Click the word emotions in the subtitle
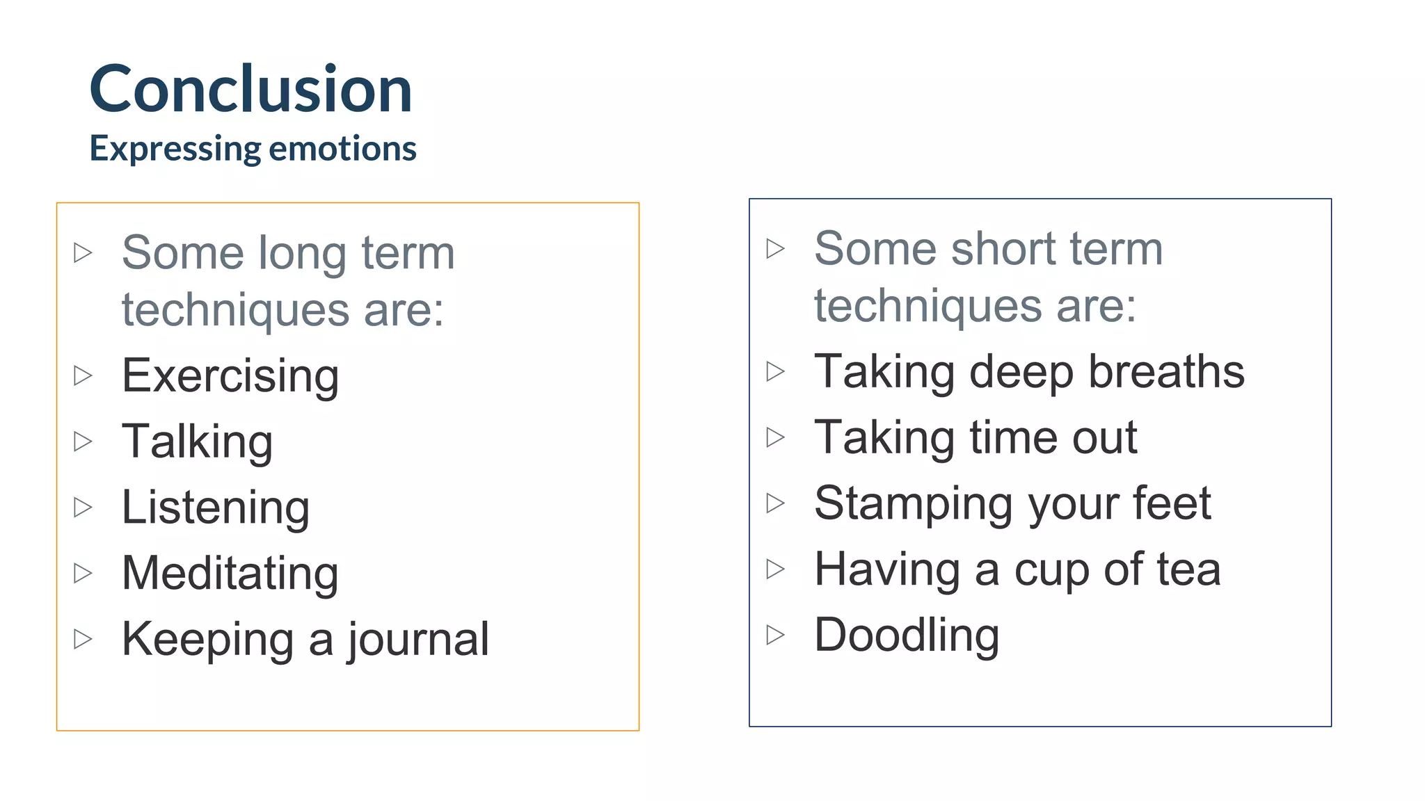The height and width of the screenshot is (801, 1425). click(x=342, y=149)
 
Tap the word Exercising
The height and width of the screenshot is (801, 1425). click(x=230, y=376)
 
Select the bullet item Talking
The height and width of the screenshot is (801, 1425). click(x=197, y=442)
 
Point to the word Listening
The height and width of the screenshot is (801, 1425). click(x=216, y=508)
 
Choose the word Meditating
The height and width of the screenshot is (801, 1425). click(x=230, y=574)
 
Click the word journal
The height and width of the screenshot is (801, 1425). click(x=418, y=640)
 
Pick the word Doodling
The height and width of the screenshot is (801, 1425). click(x=907, y=636)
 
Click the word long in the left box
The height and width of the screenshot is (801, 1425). click(x=302, y=253)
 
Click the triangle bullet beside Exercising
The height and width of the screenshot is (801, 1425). click(x=83, y=375)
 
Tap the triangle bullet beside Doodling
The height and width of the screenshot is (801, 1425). click(x=775, y=635)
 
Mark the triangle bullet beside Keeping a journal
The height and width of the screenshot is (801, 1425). click(x=83, y=639)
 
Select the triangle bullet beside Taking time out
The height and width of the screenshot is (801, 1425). click(x=775, y=437)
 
